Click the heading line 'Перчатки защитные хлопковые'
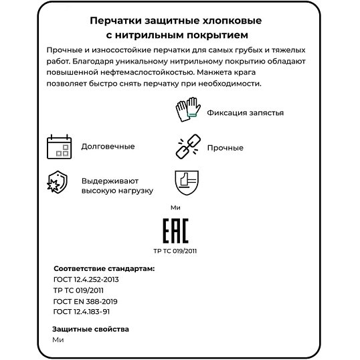point(179,19)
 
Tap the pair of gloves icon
point(187,111)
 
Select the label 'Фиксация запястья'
point(245,112)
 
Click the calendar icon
point(59,146)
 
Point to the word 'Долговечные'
point(108,146)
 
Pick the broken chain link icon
point(187,147)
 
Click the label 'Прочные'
point(225,148)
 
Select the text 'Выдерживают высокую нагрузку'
point(117,185)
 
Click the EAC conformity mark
point(176,231)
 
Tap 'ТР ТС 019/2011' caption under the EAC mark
point(175,252)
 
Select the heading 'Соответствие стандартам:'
point(103,268)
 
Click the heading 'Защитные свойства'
point(90,329)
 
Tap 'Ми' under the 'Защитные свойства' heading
point(58,339)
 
